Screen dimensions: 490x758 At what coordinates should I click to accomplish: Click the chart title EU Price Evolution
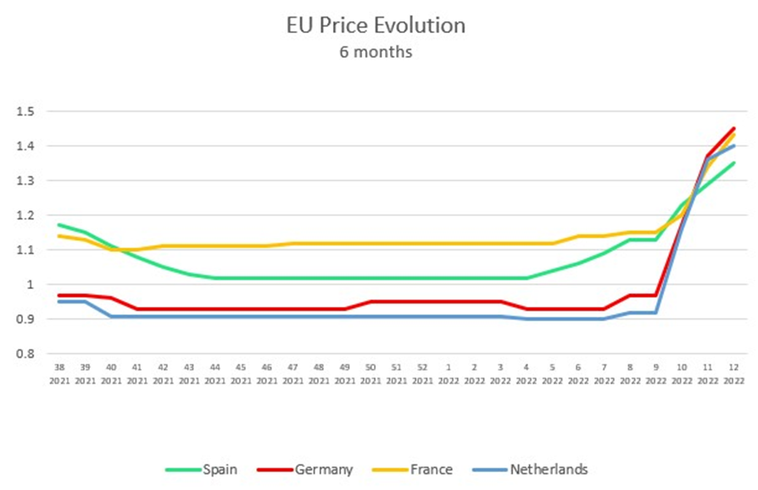pos(376,26)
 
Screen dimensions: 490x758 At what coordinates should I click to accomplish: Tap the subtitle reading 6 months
pos(376,53)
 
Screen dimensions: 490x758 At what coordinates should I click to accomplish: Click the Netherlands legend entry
pos(547,469)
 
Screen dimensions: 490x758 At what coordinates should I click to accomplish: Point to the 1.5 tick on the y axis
pos(24,112)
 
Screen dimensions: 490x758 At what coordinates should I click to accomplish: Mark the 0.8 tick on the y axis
pos(24,354)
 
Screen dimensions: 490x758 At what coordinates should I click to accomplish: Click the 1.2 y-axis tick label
pos(24,215)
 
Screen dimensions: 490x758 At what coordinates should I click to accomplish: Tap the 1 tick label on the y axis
pos(28,285)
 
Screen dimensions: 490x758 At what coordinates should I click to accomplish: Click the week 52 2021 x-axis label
pos(421,376)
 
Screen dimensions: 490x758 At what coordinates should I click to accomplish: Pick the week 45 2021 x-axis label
pos(240,376)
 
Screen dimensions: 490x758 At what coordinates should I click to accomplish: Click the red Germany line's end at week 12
pos(733,129)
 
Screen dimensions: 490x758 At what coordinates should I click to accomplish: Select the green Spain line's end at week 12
pos(733,164)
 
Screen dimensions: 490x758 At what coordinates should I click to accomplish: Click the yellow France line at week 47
pos(292,243)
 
